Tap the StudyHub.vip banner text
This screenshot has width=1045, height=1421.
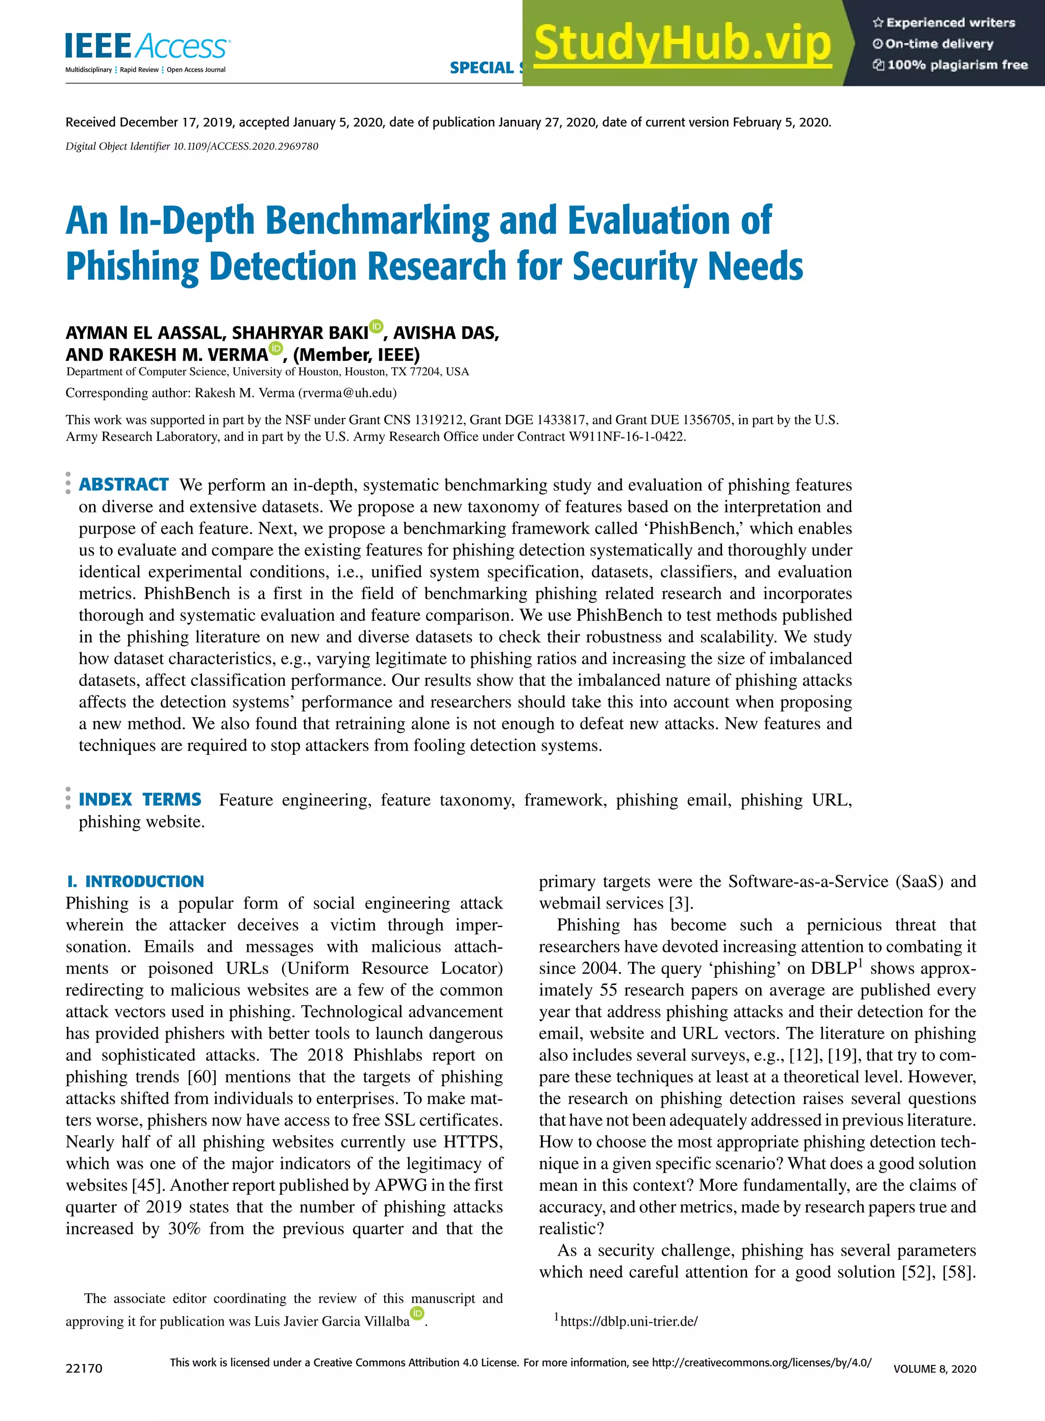click(682, 43)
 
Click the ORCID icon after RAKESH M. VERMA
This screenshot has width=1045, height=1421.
click(276, 348)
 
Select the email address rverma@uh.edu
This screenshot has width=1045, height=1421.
click(347, 393)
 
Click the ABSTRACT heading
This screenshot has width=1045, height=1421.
click(123, 484)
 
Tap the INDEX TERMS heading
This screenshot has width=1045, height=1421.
click(140, 800)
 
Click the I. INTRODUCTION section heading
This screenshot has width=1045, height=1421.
click(135, 881)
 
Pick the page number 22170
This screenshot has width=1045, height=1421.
click(84, 1368)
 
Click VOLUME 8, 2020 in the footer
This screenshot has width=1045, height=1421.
click(934, 1368)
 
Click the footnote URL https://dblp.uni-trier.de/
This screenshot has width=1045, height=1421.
click(628, 1321)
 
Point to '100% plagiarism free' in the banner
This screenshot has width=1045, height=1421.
click(956, 64)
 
